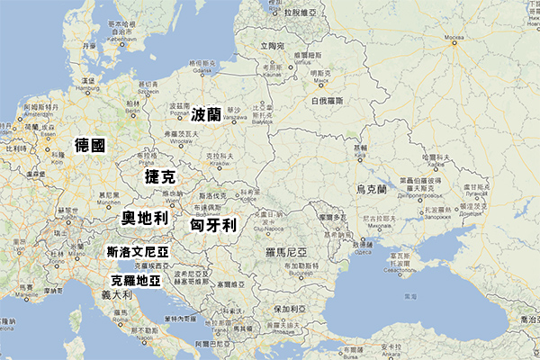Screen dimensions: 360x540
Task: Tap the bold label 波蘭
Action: point(206,114)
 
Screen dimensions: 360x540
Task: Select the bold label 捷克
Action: point(160,176)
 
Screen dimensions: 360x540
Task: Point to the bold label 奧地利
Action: point(145,218)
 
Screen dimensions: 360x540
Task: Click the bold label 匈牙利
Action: point(213,224)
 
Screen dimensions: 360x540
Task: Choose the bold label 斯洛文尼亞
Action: point(138,251)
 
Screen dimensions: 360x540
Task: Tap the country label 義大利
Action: point(116,294)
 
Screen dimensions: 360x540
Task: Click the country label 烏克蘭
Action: point(371,190)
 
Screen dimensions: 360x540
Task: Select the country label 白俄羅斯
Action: point(328,102)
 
